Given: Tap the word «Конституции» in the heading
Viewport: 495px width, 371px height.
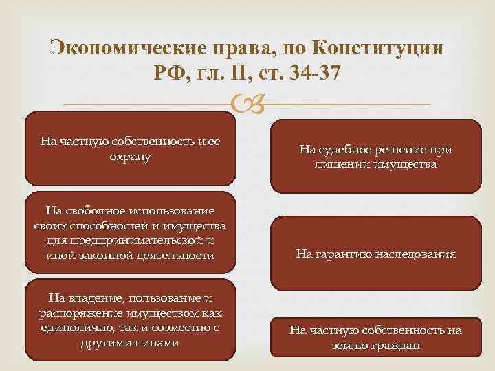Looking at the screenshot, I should pyautogui.click(x=377, y=49).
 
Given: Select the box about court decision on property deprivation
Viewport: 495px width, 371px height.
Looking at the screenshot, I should pyautogui.click(x=375, y=157).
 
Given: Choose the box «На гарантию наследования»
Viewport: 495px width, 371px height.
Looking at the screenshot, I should pyautogui.click(x=375, y=254).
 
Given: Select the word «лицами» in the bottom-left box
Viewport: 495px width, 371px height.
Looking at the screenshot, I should pyautogui.click(x=160, y=342).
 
